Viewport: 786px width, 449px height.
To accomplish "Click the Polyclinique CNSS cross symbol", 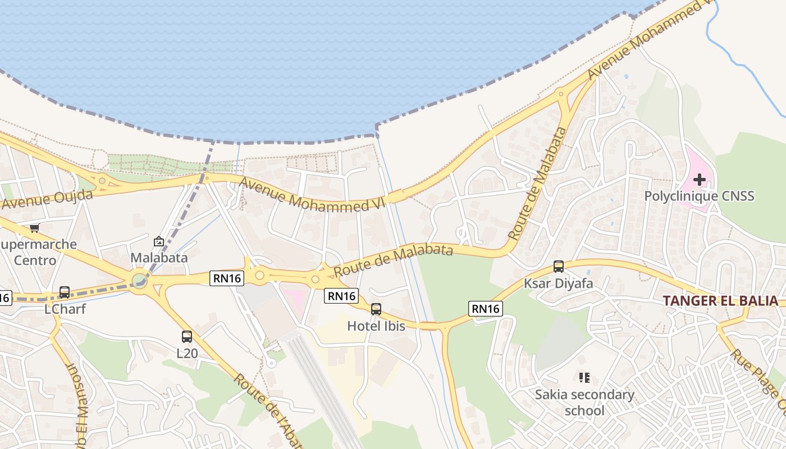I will pyautogui.click(x=699, y=180).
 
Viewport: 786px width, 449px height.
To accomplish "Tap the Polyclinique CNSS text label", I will pyautogui.click(x=699, y=196).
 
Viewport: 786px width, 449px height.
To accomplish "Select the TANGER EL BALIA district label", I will pyautogui.click(x=720, y=300).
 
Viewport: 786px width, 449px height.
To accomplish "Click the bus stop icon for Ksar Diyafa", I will pyautogui.click(x=558, y=267).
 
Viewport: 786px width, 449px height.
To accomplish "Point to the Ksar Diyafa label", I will pyautogui.click(x=558, y=283).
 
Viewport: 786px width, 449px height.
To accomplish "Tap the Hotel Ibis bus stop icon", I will pyautogui.click(x=376, y=309).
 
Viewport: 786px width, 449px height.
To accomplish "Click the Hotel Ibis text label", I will pyautogui.click(x=376, y=326).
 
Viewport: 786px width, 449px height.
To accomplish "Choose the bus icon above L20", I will pyautogui.click(x=187, y=337).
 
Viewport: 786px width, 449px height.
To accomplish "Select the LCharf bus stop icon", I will pyautogui.click(x=65, y=292).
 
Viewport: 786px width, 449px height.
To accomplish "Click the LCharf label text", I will pyautogui.click(x=65, y=309).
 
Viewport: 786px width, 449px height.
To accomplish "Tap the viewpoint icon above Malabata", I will pyautogui.click(x=159, y=242).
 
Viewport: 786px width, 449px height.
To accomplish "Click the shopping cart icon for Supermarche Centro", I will pyautogui.click(x=35, y=228).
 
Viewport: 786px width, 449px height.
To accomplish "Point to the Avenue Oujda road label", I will pyautogui.click(x=46, y=199).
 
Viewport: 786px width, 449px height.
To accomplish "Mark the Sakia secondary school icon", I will pyautogui.click(x=584, y=378).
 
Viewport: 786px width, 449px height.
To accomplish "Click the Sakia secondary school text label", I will pyautogui.click(x=584, y=402).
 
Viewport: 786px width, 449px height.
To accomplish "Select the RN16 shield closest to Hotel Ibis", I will pyautogui.click(x=341, y=296).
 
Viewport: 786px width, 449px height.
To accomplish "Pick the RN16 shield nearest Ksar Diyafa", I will pyautogui.click(x=485, y=308).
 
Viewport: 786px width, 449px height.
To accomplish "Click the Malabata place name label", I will pyautogui.click(x=159, y=258).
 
